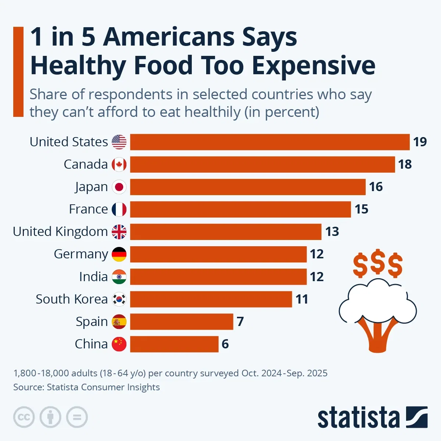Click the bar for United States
point(270,142)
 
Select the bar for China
point(174,344)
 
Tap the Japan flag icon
point(119,187)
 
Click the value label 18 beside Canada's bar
point(405,164)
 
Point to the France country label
point(88,209)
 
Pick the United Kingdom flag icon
point(119,232)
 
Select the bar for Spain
point(182,322)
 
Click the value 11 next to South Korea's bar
point(302,299)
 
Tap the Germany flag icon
point(119,254)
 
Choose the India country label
point(93,276)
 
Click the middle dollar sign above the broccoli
point(378,263)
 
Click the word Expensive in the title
point(313,65)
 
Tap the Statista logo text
point(358,418)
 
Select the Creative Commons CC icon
point(24,417)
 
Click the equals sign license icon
point(77,417)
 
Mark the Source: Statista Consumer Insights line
point(86,387)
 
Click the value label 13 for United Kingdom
point(332,232)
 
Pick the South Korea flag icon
point(119,299)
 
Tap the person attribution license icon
point(50,417)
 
